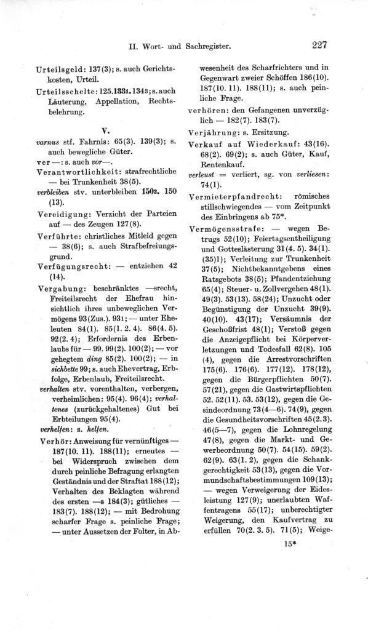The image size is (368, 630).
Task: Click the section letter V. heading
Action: (x=105, y=130)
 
